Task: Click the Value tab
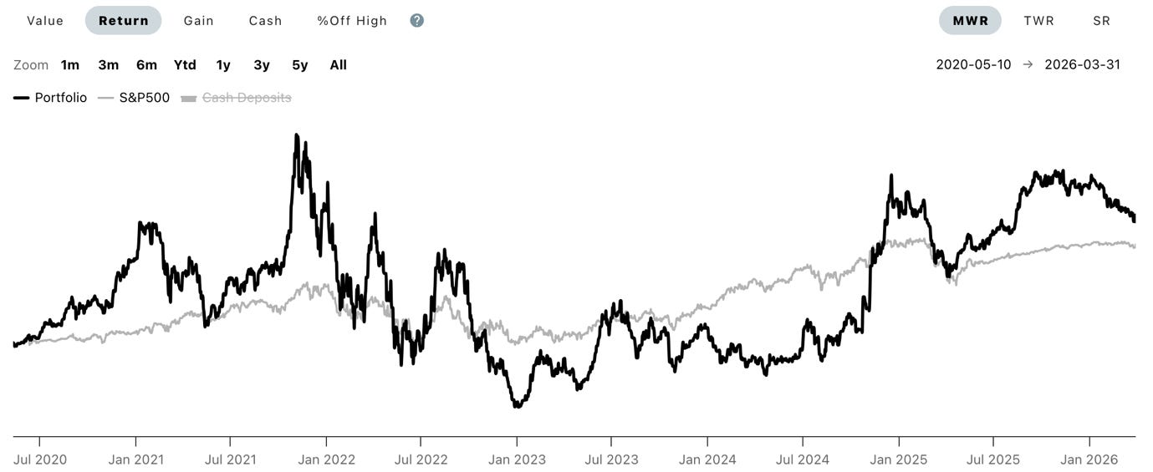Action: pyautogui.click(x=45, y=21)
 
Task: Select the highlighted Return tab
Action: pyautogui.click(x=123, y=21)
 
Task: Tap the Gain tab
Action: pyautogui.click(x=199, y=21)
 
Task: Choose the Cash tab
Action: pyautogui.click(x=265, y=21)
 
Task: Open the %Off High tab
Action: pyautogui.click(x=352, y=21)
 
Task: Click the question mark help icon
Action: pyautogui.click(x=417, y=21)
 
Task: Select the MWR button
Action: pyautogui.click(x=970, y=21)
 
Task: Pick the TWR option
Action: pyautogui.click(x=1038, y=21)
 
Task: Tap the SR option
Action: pyautogui.click(x=1101, y=21)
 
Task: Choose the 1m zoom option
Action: pyautogui.click(x=70, y=65)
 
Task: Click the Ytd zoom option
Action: pyautogui.click(x=185, y=65)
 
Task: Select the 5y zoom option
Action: pyautogui.click(x=299, y=65)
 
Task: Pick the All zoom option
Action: pyautogui.click(x=338, y=65)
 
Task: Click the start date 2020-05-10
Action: pyautogui.click(x=973, y=65)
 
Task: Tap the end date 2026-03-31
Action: pyautogui.click(x=1082, y=65)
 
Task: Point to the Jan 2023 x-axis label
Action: pyautogui.click(x=517, y=459)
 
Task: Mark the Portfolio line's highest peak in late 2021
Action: pyautogui.click(x=297, y=134)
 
